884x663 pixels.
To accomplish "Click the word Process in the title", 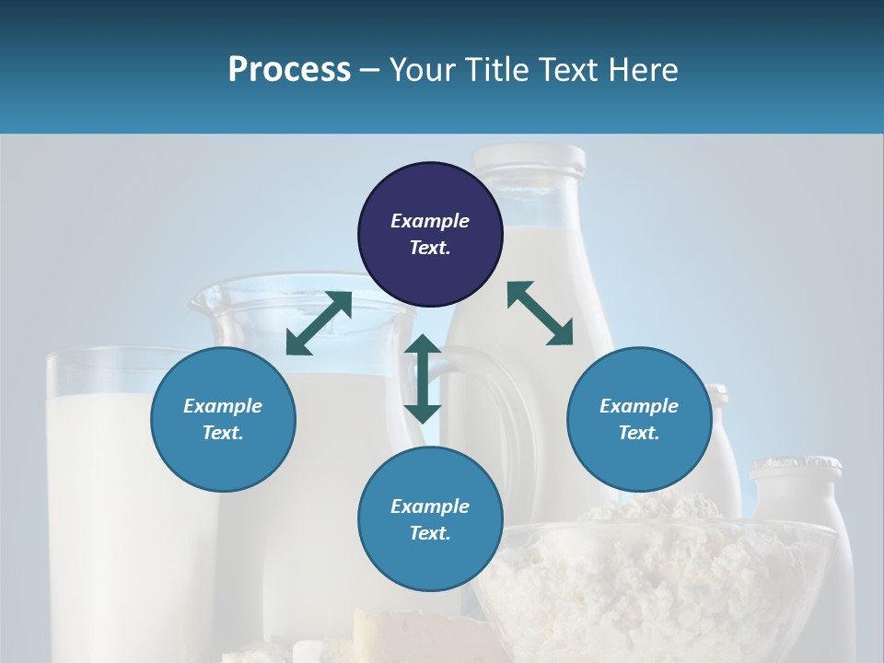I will [289, 69].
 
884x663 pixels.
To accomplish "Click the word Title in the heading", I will [495, 69].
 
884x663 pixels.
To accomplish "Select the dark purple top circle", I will [430, 234].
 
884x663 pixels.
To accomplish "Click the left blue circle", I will [223, 419].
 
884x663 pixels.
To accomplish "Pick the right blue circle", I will [639, 419].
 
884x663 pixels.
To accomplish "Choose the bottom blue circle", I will [430, 519].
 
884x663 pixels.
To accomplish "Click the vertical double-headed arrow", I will [423, 378].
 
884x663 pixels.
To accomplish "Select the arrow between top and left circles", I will [319, 323].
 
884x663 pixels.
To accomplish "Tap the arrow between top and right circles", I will [540, 313].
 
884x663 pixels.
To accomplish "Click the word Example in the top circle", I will [430, 221].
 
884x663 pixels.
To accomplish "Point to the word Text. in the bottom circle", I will [430, 533].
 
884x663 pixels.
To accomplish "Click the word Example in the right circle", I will [639, 406].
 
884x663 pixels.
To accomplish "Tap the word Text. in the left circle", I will [223, 433].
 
